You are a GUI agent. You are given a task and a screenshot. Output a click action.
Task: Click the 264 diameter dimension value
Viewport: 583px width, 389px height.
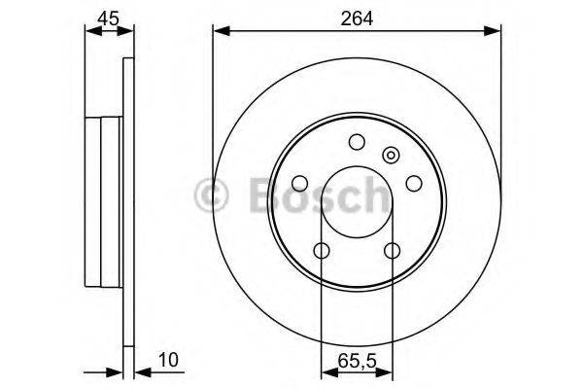pyautogui.click(x=355, y=16)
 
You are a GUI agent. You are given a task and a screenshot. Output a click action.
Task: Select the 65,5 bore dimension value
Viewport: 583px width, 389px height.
pyautogui.click(x=357, y=361)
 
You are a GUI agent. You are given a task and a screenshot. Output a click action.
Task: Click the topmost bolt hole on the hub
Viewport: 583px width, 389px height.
pyautogui.click(x=356, y=142)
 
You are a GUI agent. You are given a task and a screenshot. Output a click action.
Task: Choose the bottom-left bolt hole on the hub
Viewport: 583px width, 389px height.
pyautogui.click(x=321, y=251)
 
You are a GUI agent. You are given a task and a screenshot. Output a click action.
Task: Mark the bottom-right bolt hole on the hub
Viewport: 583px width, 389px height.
pyautogui.click(x=392, y=251)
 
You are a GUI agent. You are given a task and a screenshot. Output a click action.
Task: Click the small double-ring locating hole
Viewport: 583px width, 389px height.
pyautogui.click(x=391, y=154)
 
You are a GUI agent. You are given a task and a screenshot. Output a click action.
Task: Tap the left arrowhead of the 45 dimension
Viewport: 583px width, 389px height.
pyautogui.click(x=91, y=32)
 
